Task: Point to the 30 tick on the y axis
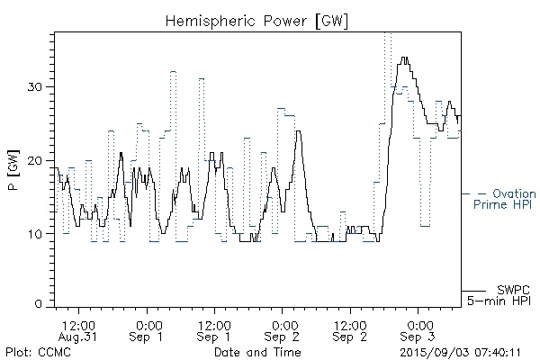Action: (x=43, y=86)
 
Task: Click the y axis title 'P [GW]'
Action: (x=13, y=171)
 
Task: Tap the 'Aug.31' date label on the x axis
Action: (x=79, y=336)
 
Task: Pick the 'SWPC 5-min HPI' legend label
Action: (x=503, y=294)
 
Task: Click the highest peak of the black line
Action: (x=405, y=58)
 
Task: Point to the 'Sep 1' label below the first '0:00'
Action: (x=148, y=336)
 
